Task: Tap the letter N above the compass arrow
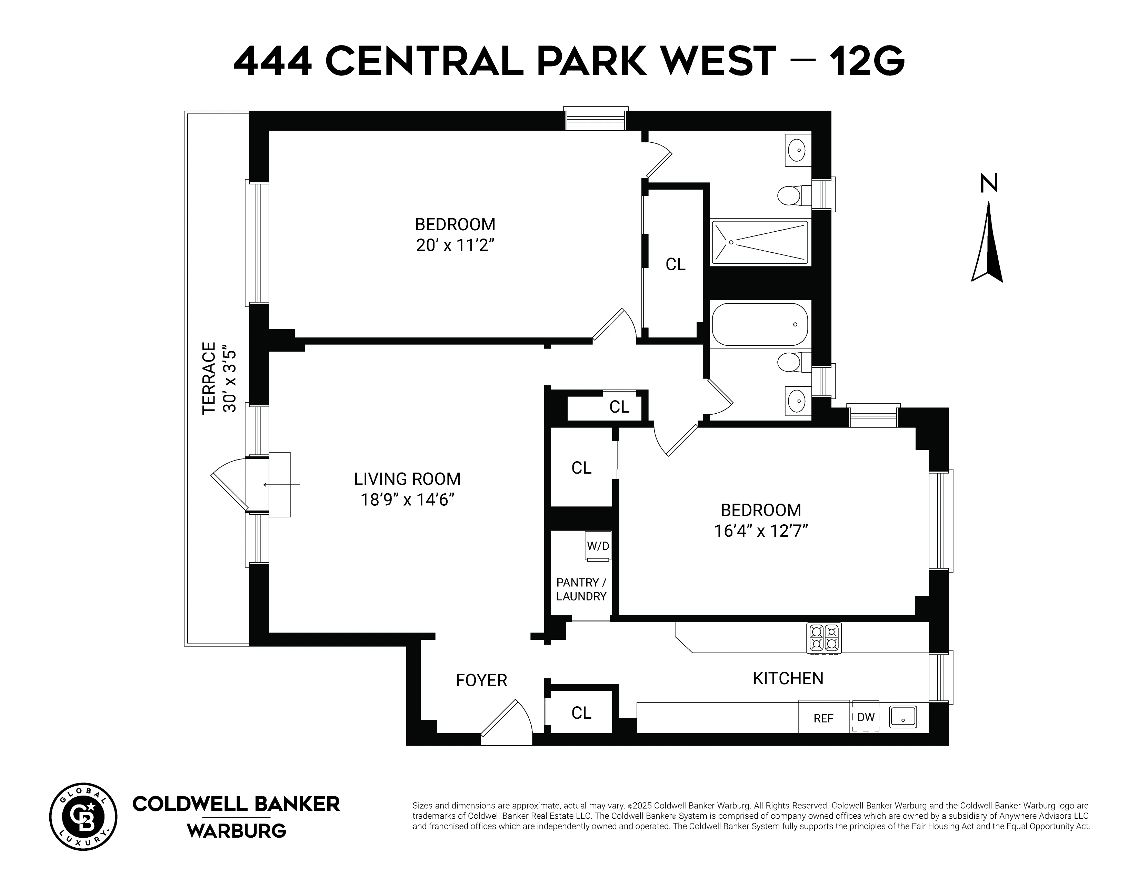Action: click(988, 183)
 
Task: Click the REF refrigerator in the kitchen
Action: click(823, 718)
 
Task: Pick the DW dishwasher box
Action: click(866, 717)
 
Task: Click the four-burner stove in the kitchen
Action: click(824, 638)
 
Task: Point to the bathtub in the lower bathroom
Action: click(759, 324)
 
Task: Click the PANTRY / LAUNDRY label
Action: click(581, 589)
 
